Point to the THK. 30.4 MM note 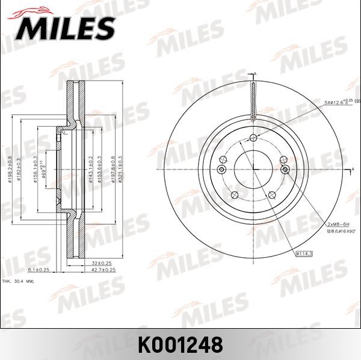[19, 281]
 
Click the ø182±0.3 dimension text [19, 169]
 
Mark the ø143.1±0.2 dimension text [91, 169]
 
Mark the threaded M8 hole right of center [285, 170]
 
